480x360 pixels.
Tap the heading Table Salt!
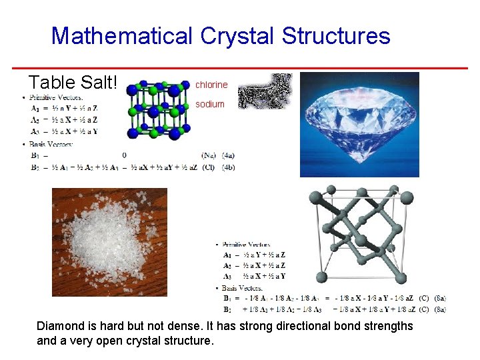point(73,83)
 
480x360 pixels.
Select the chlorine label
point(211,85)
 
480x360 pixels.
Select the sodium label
point(210,104)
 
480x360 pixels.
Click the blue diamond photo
point(359,124)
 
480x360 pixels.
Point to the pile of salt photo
point(109,242)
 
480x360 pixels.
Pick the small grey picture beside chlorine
point(265,91)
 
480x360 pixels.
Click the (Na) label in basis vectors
point(209,155)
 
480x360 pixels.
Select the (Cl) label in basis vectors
point(209,167)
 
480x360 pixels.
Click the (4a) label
point(227,155)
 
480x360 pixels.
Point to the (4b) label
point(227,167)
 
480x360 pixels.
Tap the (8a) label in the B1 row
point(440,298)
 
